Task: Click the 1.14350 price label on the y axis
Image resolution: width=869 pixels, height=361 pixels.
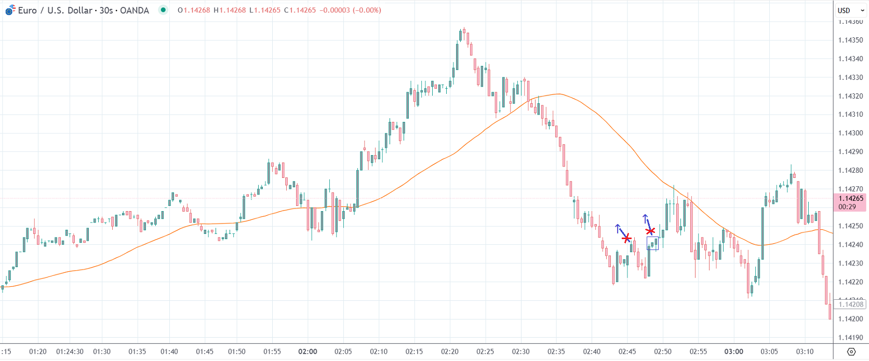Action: [850, 40]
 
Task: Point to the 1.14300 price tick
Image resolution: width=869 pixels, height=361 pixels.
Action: [850, 133]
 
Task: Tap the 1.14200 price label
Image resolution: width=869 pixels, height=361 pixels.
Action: [850, 319]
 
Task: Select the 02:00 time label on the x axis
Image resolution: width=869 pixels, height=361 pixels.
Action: [308, 352]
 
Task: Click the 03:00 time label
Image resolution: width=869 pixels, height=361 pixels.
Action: [733, 352]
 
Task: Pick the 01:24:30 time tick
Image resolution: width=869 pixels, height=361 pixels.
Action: [70, 352]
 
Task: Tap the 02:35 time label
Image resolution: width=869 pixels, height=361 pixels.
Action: [556, 352]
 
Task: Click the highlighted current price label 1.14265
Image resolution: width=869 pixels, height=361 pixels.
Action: [850, 199]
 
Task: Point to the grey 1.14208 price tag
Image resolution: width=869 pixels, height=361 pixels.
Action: [851, 304]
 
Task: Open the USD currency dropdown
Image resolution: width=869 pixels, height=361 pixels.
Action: [850, 10]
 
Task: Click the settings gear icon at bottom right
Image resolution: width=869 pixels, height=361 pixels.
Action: [851, 352]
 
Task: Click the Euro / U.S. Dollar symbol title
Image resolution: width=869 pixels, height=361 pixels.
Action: [83, 10]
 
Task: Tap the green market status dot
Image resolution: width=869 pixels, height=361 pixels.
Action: [163, 10]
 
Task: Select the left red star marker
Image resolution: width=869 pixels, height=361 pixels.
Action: [626, 238]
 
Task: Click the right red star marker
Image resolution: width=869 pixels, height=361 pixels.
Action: [650, 231]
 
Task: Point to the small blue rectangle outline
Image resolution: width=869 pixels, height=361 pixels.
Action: [652, 243]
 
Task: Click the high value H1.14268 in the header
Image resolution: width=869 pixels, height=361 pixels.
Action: [230, 10]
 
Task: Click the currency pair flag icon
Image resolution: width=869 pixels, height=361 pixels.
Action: [10, 10]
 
